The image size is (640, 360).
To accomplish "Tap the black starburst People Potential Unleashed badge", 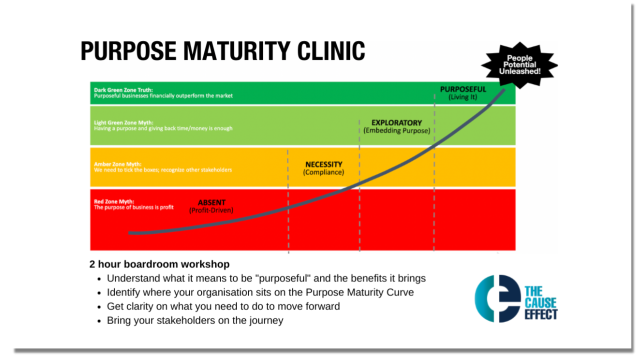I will pos(519,65).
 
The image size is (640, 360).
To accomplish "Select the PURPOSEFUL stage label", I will pos(462,89).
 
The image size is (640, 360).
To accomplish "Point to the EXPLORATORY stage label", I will pos(396,122).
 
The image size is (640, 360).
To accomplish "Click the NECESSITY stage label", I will pos(323,164).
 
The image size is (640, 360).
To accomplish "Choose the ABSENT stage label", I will pos(211,202).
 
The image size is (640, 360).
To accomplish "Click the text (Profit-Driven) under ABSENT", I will pos(211,210).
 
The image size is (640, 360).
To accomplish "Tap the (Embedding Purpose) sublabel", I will pos(396,130).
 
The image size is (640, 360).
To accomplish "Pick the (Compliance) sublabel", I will pos(323,172).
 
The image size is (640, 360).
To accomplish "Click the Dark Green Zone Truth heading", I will pos(123,90).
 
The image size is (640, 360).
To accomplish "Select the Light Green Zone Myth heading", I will pos(123,122).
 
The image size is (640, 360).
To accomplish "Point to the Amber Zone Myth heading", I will pos(117,164).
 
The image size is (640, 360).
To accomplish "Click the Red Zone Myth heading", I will pos(113,201).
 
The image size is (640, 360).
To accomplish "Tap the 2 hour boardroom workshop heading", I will pos(159,264).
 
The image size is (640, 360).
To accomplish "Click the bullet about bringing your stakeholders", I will pos(195,320).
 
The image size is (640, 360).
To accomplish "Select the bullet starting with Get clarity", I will pos(223,306).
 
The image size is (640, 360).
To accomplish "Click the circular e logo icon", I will pos(497,298).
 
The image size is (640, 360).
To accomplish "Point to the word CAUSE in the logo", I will pos(540,302).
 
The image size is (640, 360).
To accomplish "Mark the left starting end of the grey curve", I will pos(130,233).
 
